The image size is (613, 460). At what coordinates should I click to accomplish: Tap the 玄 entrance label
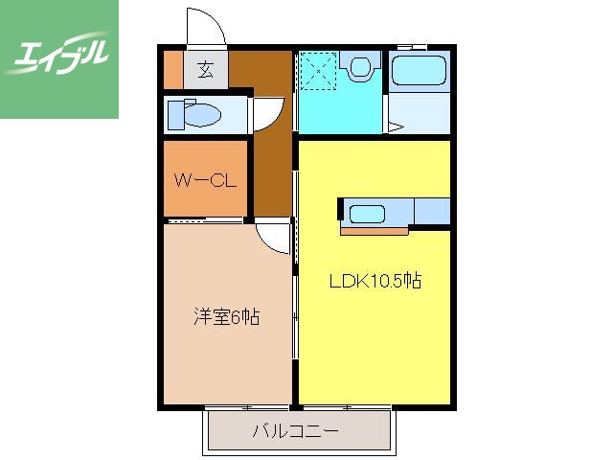pos(206,69)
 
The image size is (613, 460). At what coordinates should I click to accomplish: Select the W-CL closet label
pos(204,179)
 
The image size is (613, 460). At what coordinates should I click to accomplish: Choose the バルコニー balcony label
pos(295,431)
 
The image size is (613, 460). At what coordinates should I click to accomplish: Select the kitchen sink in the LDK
pos(366,213)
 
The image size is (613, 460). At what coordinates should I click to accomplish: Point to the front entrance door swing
pos(206,27)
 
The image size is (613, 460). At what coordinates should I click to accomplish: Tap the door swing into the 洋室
pos(275,236)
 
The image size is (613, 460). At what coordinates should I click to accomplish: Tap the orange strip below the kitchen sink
pos(374,230)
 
